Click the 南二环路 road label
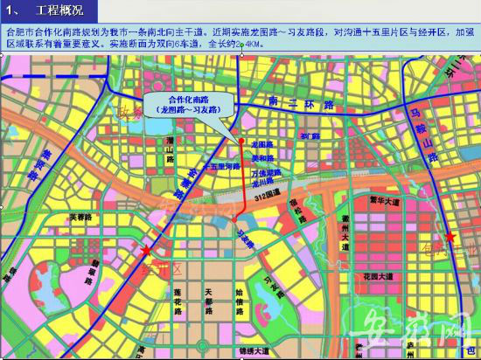[x=303, y=104]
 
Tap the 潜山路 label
[x=169, y=157]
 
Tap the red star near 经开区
[x=145, y=251]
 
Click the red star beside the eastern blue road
[x=450, y=237]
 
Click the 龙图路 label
[x=262, y=142]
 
